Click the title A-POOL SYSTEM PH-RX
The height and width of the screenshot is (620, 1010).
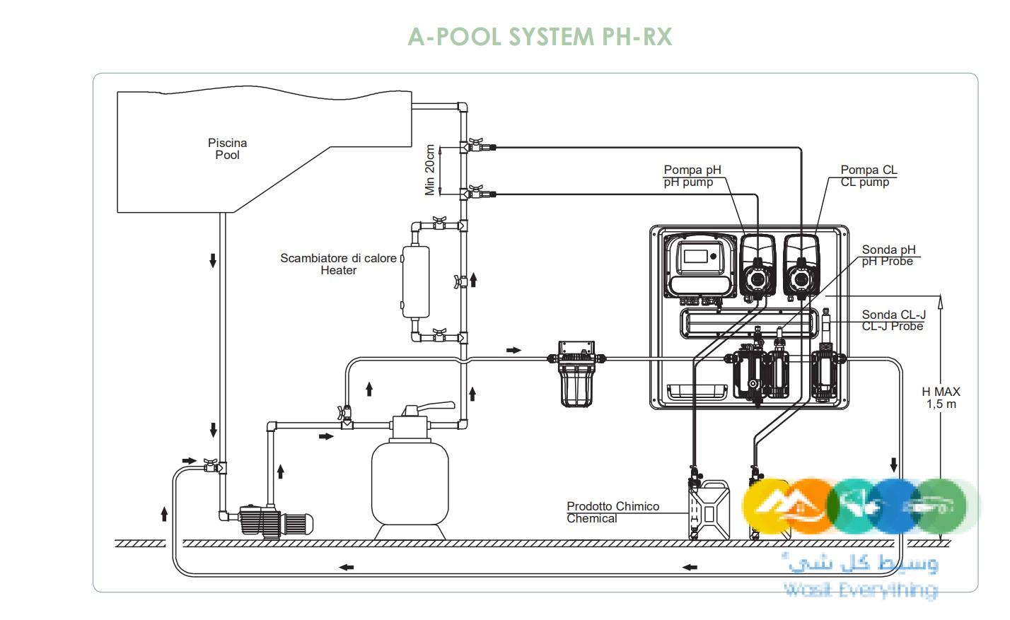pos(539,36)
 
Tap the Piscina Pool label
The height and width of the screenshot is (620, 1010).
pos(227,149)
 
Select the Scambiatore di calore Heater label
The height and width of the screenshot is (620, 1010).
pos(338,264)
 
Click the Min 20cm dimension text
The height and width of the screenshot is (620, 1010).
pos(430,170)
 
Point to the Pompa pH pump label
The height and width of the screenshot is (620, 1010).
pos(692,176)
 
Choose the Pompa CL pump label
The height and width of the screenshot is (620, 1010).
pos(868,176)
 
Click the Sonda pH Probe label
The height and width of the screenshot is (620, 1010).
pos(888,255)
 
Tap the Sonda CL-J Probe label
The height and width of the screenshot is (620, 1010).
pos(893,320)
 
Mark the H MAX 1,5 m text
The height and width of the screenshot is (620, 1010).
pos(941,397)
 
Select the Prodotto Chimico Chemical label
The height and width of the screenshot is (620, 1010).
pos(613,513)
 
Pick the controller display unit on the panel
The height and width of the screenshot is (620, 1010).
pos(700,265)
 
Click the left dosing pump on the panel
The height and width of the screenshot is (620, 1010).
pos(757,269)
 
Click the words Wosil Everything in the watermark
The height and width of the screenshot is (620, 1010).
pos(859,589)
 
